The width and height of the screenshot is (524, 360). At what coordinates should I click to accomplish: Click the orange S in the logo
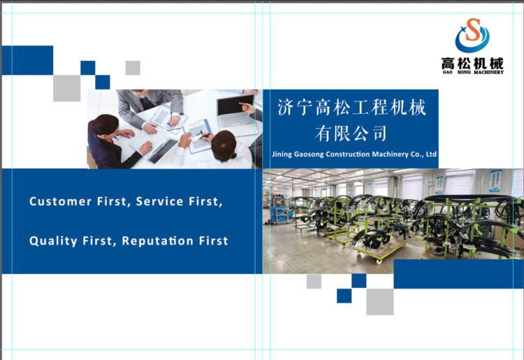pyautogui.click(x=472, y=30)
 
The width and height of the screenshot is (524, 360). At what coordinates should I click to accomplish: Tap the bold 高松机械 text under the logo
pyautogui.click(x=472, y=63)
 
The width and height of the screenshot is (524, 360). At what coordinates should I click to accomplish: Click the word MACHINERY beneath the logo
pyautogui.click(x=488, y=72)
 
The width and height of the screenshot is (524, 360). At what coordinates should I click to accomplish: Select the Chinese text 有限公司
pyautogui.click(x=351, y=134)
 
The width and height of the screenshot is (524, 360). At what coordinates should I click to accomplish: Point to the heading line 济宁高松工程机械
pyautogui.click(x=351, y=108)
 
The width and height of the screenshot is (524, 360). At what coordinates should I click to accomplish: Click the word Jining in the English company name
pyautogui.click(x=282, y=154)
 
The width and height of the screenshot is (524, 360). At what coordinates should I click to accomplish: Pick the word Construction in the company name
pyautogui.click(x=348, y=154)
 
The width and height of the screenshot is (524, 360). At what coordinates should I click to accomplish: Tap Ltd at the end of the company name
pyautogui.click(x=431, y=154)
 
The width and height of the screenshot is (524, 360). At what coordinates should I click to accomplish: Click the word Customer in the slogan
pyautogui.click(x=61, y=201)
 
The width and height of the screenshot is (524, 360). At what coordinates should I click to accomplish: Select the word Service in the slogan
pyautogui.click(x=160, y=201)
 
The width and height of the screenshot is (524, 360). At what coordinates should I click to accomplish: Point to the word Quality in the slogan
pyautogui.click(x=53, y=241)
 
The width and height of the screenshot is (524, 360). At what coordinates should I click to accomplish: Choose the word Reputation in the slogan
pyautogui.click(x=157, y=241)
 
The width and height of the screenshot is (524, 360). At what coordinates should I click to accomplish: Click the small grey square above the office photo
pyautogui.click(x=133, y=68)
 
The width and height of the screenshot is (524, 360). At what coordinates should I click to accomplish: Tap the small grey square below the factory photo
pyautogui.click(x=314, y=282)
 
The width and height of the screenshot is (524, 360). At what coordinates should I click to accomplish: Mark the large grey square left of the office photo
pyautogui.click(x=67, y=88)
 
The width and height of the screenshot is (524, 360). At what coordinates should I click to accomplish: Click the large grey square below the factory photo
pyautogui.click(x=380, y=302)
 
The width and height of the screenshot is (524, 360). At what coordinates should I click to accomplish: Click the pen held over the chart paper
pyautogui.click(x=205, y=136)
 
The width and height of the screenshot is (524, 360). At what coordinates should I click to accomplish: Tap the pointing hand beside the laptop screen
pyautogui.click(x=247, y=108)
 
